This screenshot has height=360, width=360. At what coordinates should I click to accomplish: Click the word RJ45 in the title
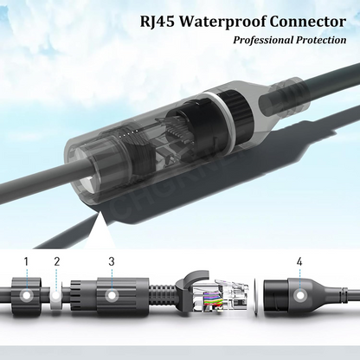(157, 22)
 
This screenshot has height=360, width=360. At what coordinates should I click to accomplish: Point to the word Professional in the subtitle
(262, 40)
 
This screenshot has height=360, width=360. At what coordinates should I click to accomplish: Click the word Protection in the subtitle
(320, 40)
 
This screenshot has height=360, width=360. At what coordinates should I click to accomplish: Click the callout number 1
(26, 261)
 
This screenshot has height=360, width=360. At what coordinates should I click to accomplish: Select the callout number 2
(57, 261)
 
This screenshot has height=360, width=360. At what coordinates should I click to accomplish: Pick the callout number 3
(112, 261)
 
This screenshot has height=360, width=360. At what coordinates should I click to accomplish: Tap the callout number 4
(299, 261)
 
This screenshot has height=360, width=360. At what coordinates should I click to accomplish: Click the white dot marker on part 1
(26, 296)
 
